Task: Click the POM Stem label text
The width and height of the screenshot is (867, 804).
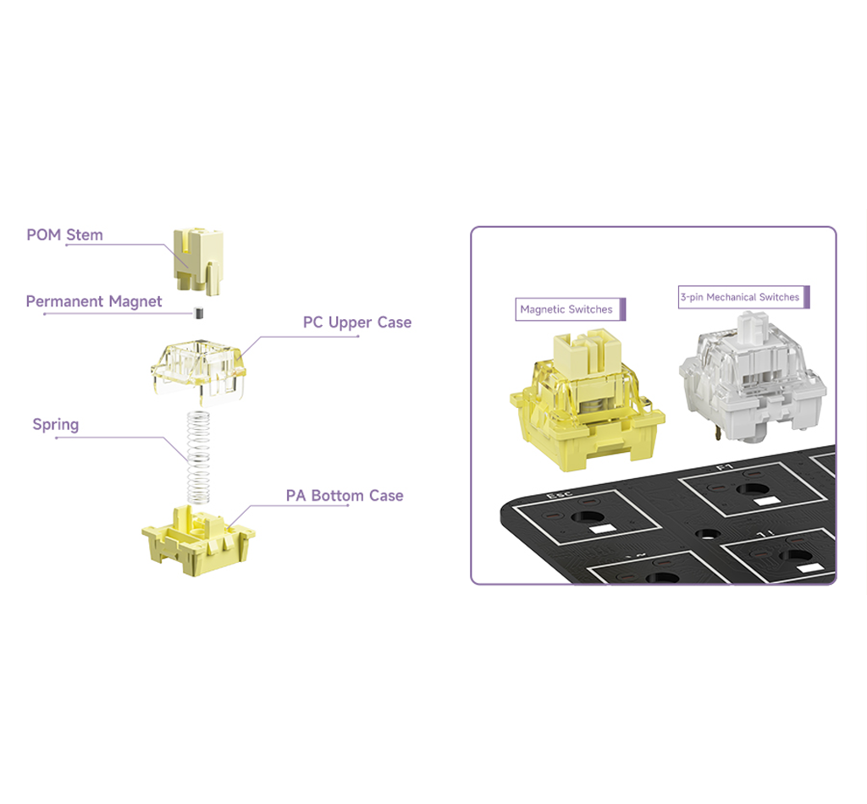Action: coord(64,234)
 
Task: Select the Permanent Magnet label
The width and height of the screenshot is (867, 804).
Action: coord(94,301)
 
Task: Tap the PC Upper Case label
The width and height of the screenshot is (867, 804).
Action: coord(357,322)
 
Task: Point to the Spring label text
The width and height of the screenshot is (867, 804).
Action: coord(56,424)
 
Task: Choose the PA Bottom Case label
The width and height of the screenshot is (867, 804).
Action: coord(345,496)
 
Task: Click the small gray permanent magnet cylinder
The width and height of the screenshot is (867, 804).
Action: coord(199,313)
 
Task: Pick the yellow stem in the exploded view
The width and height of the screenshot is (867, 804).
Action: coord(198,261)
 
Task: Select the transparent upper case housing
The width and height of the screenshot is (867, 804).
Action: coord(198,369)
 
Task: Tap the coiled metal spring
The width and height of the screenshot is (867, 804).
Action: coord(198,458)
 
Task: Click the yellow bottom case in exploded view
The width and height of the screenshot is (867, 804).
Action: coord(198,542)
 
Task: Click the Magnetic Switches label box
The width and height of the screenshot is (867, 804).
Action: coord(570,310)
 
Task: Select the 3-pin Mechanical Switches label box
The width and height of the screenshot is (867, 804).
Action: coord(743,297)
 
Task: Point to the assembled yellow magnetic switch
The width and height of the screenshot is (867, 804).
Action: coord(588,400)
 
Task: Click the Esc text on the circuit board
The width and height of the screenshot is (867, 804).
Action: coord(560,493)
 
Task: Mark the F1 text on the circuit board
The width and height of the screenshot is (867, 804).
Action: coord(725,467)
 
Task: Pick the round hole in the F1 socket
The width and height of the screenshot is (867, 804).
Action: coord(752,489)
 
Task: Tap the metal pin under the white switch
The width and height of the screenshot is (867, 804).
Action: coord(717,432)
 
